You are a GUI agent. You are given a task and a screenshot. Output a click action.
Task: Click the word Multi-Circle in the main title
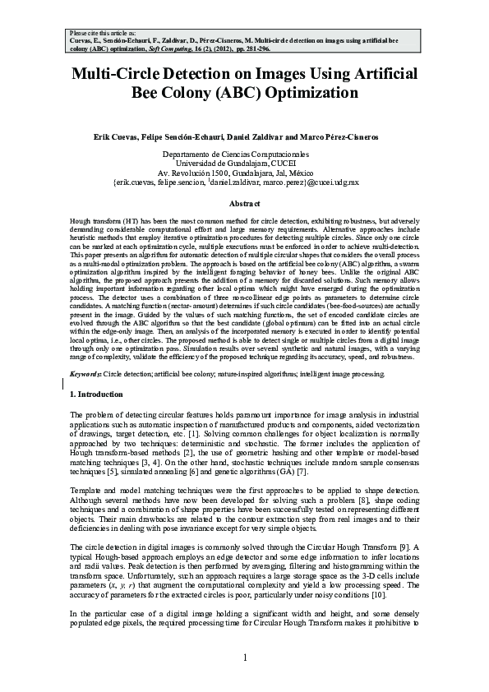click(x=116, y=74)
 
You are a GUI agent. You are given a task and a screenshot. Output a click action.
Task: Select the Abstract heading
click(x=244, y=203)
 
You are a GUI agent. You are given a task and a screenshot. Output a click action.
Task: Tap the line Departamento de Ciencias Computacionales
click(x=244, y=155)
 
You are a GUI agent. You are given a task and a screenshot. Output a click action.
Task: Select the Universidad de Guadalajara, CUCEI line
click(x=244, y=164)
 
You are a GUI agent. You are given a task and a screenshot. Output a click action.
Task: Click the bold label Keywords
click(x=85, y=374)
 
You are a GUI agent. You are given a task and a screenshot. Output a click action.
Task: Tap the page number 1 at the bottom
click(x=244, y=658)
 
